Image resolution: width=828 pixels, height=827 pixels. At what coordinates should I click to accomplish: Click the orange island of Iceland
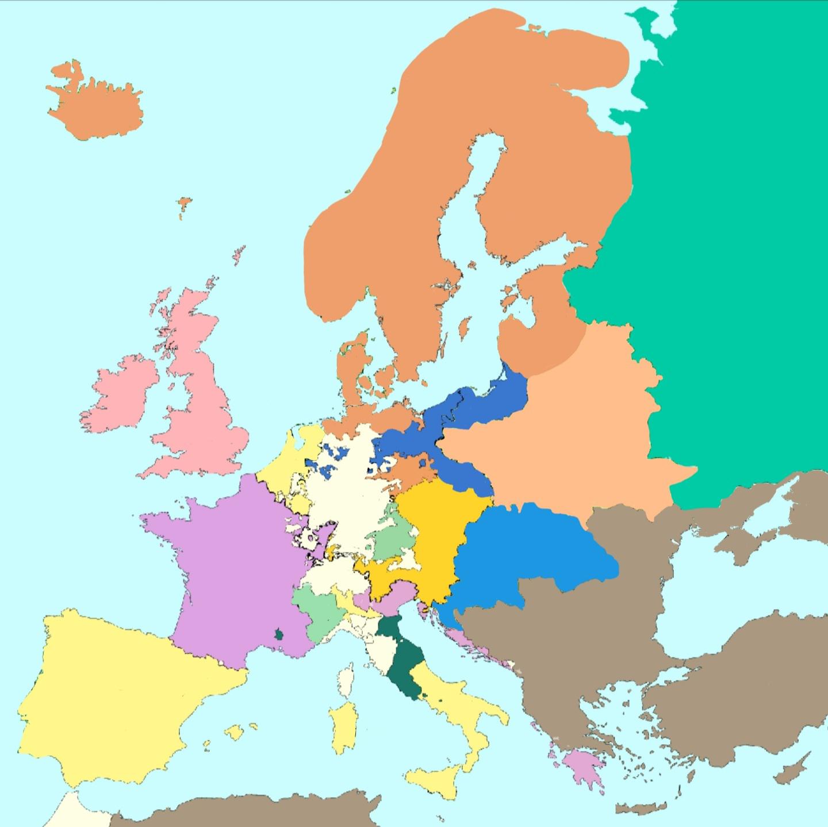95,104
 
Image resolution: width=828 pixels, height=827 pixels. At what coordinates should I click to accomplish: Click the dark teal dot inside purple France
279,635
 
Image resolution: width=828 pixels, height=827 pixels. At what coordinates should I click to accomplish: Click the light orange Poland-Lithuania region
563,437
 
